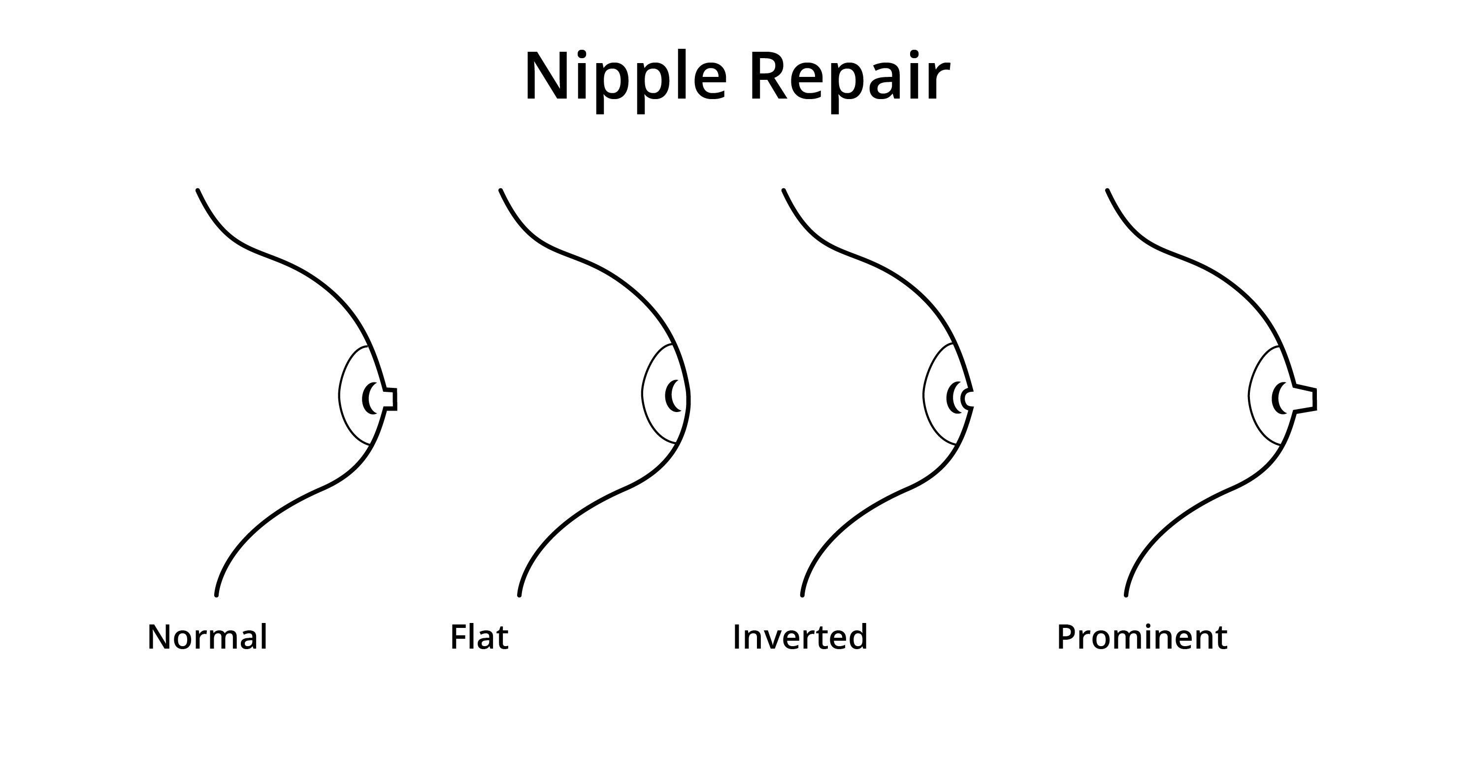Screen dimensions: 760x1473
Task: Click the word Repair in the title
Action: [849, 77]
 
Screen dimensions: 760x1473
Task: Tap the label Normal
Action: [207, 637]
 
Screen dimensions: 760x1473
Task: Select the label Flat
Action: [479, 637]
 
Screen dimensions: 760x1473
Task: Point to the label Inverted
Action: [800, 637]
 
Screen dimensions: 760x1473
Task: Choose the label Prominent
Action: [1142, 637]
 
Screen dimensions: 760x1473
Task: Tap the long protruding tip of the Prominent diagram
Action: [1305, 399]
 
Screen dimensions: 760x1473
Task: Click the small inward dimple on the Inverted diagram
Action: [968, 398]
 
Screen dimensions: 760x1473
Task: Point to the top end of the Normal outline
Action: [198, 190]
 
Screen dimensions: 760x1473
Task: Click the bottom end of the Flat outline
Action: [519, 595]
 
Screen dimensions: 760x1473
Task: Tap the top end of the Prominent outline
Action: [1108, 190]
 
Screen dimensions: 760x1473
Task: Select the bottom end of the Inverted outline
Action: [802, 595]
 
